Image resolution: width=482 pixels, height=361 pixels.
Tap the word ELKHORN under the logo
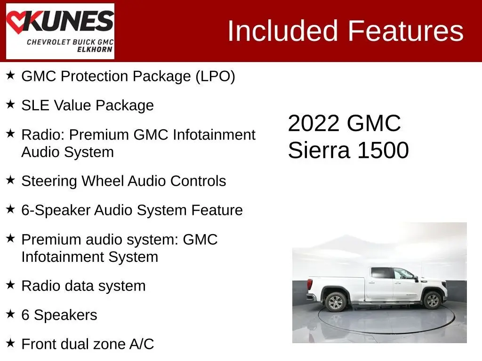pyautogui.click(x=95, y=49)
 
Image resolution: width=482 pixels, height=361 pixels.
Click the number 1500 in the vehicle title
pyautogui.click(x=383, y=150)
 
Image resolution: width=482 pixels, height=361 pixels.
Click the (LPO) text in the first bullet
pyautogui.click(x=216, y=77)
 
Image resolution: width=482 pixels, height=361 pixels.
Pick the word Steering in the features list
pyautogui.click(x=49, y=181)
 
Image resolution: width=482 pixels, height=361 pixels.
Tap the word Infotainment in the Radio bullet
pyautogui.click(x=214, y=135)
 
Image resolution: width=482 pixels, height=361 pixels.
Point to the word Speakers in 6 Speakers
pyautogui.click(x=65, y=315)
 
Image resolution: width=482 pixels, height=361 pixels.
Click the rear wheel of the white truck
pyautogui.click(x=335, y=302)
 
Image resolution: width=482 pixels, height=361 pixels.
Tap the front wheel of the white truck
pyautogui.click(x=432, y=300)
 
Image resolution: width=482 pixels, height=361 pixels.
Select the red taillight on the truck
pyautogui.click(x=310, y=284)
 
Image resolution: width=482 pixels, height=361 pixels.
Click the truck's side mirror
pyautogui.click(x=416, y=279)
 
